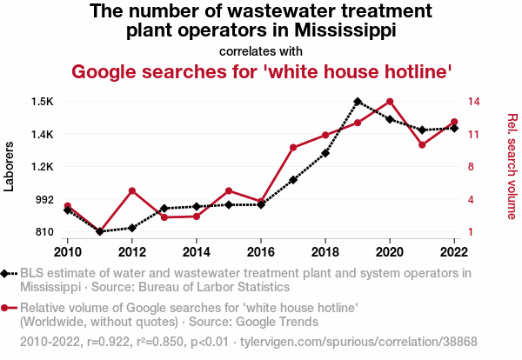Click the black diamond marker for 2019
(358, 102)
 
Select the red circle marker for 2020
(390, 102)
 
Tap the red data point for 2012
(132, 190)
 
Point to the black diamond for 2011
(100, 231)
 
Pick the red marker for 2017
(293, 148)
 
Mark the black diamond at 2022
(454, 128)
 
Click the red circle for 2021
(422, 144)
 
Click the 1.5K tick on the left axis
(42, 102)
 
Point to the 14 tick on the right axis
(472, 102)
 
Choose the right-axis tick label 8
(469, 167)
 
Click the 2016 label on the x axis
(261, 251)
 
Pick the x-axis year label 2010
(68, 251)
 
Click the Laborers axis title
(10, 166)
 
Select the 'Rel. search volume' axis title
(512, 167)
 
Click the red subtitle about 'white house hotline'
(261, 71)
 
